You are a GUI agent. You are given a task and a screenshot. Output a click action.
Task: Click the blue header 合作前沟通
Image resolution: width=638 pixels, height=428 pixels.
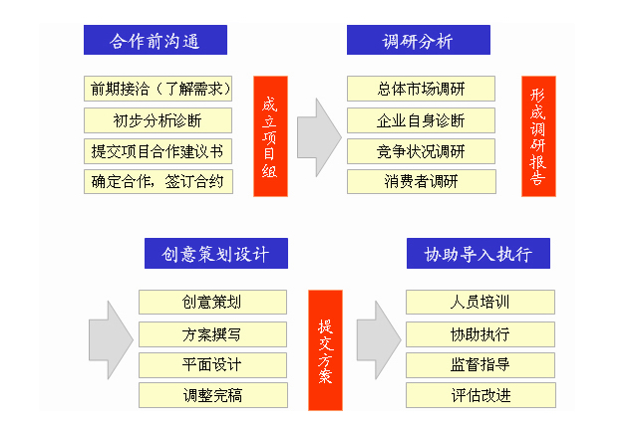pos(156,40)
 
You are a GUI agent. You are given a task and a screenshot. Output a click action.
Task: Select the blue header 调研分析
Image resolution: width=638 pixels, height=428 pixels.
pos(419,40)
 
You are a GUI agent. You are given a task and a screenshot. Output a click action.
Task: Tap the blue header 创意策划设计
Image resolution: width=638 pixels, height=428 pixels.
pos(216,254)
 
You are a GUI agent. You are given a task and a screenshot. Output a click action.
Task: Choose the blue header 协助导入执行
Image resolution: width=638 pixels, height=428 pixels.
pos(478,254)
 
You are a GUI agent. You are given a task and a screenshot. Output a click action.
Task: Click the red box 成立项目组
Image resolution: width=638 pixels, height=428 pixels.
pos(270,136)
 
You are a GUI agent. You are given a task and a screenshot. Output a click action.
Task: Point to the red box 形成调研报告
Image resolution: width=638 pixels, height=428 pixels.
pos(538,136)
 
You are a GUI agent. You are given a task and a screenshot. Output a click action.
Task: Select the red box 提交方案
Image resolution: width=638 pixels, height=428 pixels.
pos(326,350)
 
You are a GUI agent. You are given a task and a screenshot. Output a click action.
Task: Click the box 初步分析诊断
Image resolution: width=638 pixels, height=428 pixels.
pos(158,120)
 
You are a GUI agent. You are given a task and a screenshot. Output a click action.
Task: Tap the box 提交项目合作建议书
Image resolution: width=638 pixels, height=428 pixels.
pos(158,151)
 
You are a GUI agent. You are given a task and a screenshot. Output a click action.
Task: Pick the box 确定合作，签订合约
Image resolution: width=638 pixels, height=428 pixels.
pos(159,181)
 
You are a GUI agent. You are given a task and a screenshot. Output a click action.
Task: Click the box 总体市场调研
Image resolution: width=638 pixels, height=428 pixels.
pos(421,89)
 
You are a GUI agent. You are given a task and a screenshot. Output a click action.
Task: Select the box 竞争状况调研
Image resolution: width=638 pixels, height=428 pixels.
pos(421,151)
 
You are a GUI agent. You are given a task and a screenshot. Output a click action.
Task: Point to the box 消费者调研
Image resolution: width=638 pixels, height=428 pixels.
pos(422,181)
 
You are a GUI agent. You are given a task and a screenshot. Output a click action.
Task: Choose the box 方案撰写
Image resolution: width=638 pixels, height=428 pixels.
pos(212,334)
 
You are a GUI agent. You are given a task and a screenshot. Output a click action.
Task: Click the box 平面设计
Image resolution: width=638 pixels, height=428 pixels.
pos(212,365)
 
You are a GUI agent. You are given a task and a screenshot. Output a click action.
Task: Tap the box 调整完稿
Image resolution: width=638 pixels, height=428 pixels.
pos(213,395)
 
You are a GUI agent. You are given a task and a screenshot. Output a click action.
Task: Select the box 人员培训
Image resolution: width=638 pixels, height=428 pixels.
pos(480,303)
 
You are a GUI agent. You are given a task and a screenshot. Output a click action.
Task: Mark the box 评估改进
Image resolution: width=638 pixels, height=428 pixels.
pos(480,395)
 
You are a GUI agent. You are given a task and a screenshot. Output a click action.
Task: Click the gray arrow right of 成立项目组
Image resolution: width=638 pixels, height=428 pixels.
pos(319,137)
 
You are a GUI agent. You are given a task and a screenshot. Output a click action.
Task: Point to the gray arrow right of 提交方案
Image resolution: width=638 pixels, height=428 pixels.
pos(379,340)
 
